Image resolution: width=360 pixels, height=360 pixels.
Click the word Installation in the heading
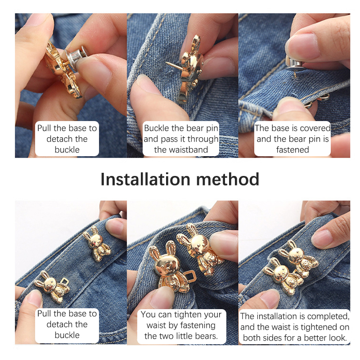point(145,179)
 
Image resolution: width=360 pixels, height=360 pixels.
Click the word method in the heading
point(228,179)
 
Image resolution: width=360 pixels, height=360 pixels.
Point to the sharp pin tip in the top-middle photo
point(166,62)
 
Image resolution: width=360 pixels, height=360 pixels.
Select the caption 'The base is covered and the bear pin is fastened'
point(292,139)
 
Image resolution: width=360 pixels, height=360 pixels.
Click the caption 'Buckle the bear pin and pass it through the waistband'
point(181,139)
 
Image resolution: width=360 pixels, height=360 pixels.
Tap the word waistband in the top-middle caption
point(181,150)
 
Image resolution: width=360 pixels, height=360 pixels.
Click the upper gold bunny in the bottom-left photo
point(96,243)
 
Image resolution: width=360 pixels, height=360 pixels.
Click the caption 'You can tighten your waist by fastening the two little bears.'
point(181,325)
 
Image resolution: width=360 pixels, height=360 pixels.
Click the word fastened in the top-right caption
point(292,150)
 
